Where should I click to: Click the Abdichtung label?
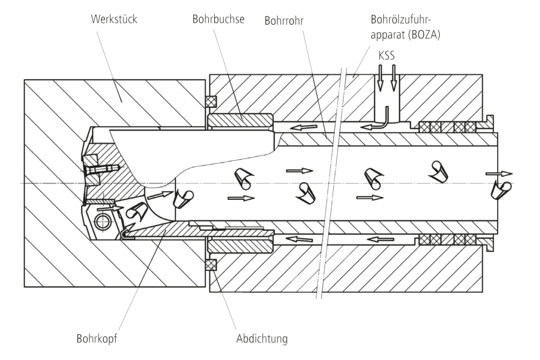click(x=262, y=338)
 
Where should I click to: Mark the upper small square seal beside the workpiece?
click(x=210, y=100)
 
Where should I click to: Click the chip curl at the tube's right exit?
click(x=500, y=190)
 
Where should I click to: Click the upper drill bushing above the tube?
click(x=240, y=121)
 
